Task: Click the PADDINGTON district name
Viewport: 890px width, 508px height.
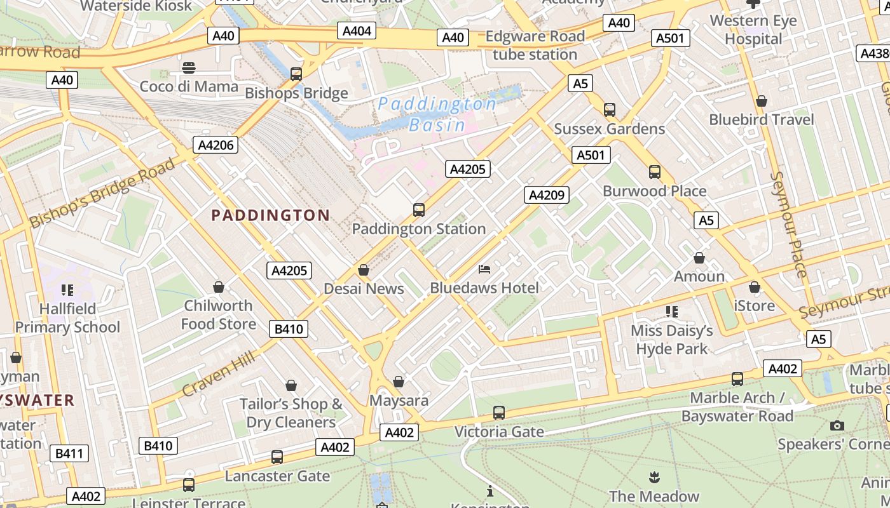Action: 270,215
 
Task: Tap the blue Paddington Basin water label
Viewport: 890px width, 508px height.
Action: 437,114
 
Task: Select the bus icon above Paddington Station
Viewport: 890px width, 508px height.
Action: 418,210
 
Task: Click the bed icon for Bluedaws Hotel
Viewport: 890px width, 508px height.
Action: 484,269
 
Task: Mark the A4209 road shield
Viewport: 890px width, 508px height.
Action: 546,195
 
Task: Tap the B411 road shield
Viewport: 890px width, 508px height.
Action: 69,453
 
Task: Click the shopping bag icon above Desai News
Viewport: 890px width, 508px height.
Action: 364,271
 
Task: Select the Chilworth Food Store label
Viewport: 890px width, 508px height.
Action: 219,315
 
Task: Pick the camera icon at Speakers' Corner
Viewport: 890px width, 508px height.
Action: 837,425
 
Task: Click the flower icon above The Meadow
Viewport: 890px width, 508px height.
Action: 654,477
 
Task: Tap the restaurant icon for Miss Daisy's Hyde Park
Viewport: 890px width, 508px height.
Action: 671,312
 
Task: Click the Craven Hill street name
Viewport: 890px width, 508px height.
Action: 219,373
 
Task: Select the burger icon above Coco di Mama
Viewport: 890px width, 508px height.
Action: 189,67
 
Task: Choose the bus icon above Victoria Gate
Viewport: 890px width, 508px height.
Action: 499,413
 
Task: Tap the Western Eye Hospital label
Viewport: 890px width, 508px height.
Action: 753,30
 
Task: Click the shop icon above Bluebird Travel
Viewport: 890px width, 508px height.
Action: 761,102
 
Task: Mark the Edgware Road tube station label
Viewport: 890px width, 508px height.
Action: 535,46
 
